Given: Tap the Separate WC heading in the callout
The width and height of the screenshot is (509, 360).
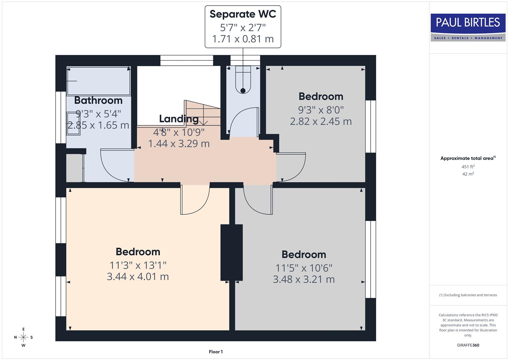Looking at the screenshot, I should tap(243, 14).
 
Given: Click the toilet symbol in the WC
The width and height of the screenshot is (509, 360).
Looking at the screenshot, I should tap(243, 80).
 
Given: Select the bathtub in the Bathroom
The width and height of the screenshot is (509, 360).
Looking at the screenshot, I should tap(98, 81).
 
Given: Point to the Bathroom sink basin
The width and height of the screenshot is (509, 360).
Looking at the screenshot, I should tap(73, 124).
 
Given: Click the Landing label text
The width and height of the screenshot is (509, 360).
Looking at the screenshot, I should tap(179, 119).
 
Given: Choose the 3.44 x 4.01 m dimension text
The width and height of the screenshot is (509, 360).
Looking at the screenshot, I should tap(138, 277).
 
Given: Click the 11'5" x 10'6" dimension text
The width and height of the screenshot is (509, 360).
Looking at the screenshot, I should tap(304, 268).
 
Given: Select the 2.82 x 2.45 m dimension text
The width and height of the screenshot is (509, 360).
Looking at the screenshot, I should tap(321, 121).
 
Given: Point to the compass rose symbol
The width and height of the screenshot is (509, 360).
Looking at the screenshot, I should tap(23, 337).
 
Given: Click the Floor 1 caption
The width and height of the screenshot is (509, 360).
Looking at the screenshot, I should tap(216, 352).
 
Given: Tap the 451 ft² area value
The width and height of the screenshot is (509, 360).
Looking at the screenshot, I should tap(468, 167).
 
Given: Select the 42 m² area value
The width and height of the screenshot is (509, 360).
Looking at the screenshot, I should tap(468, 174).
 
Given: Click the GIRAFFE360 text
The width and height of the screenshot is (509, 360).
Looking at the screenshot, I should tap(468, 345).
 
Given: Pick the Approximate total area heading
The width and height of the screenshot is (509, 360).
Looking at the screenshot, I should tap(468, 158).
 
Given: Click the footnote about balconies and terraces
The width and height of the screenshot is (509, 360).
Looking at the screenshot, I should tap(468, 295).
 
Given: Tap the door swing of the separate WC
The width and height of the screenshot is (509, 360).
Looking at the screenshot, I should tap(243, 122).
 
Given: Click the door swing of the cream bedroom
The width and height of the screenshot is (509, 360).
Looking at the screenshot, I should tap(195, 200).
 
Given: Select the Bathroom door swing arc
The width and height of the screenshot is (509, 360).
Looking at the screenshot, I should tap(115, 165).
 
